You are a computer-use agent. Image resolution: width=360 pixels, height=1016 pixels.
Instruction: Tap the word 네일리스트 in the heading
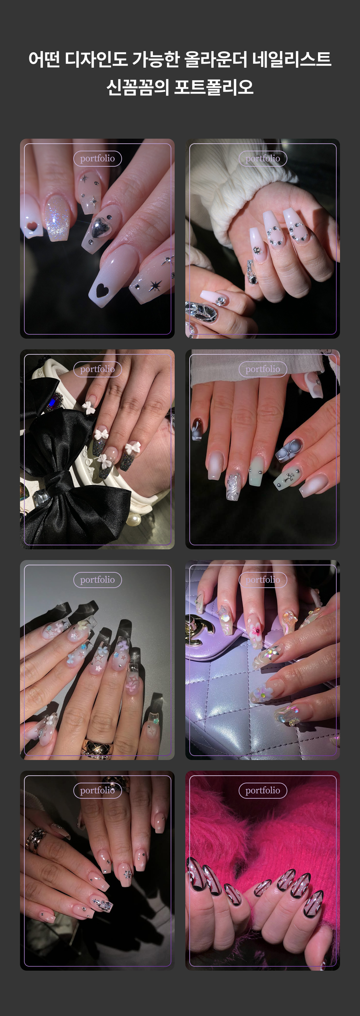292,59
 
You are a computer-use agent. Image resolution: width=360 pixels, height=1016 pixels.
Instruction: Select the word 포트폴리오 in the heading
214,87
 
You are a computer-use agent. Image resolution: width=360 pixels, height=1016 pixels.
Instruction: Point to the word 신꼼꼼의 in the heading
138,87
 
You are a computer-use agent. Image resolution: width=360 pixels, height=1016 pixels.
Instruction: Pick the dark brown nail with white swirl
196,429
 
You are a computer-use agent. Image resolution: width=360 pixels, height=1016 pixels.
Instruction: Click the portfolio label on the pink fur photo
263,790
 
